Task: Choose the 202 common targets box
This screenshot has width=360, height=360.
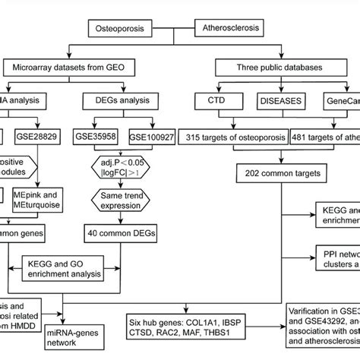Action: (x=266, y=172)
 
